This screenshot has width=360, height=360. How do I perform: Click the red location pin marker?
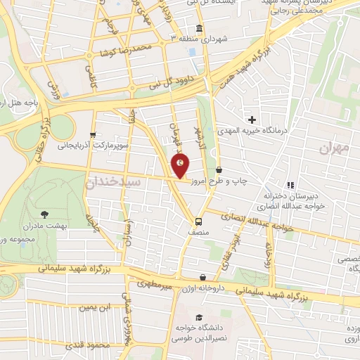click(180, 166)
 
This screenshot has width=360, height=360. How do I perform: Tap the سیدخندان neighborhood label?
click(115, 181)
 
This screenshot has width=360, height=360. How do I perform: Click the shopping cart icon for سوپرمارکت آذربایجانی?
click(91, 135)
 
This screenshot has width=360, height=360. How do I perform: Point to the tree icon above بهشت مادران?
click(46, 212)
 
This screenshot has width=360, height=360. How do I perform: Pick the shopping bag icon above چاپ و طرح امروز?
click(219, 170)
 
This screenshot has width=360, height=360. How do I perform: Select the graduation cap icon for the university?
click(199, 317)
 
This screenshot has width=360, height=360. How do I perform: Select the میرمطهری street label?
click(154, 284)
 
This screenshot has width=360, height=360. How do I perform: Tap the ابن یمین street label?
click(96, 308)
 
